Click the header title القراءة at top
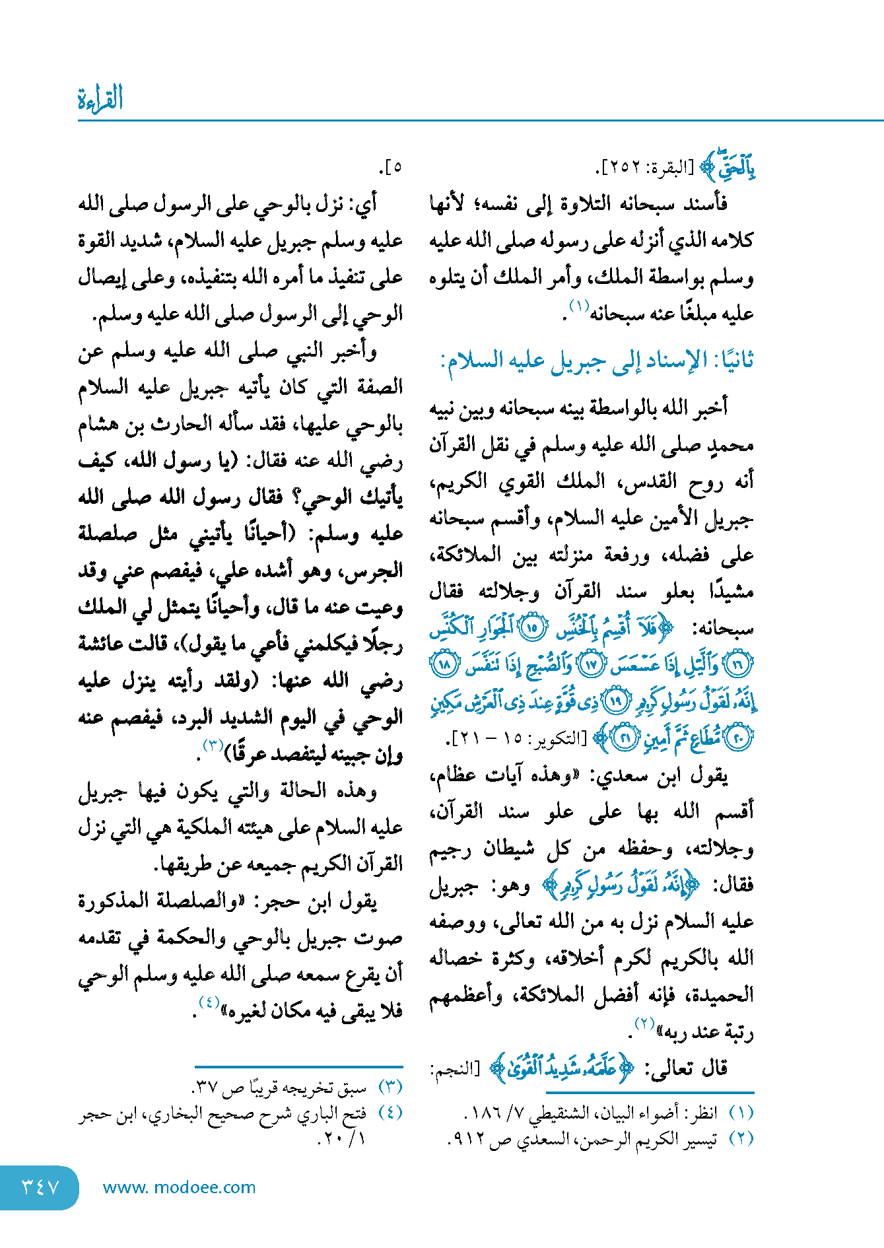[x=100, y=99]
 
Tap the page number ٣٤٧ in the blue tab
[x=41, y=1187]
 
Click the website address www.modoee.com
[x=179, y=1187]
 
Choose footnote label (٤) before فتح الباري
[x=390, y=1113]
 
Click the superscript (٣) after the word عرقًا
[x=213, y=746]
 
